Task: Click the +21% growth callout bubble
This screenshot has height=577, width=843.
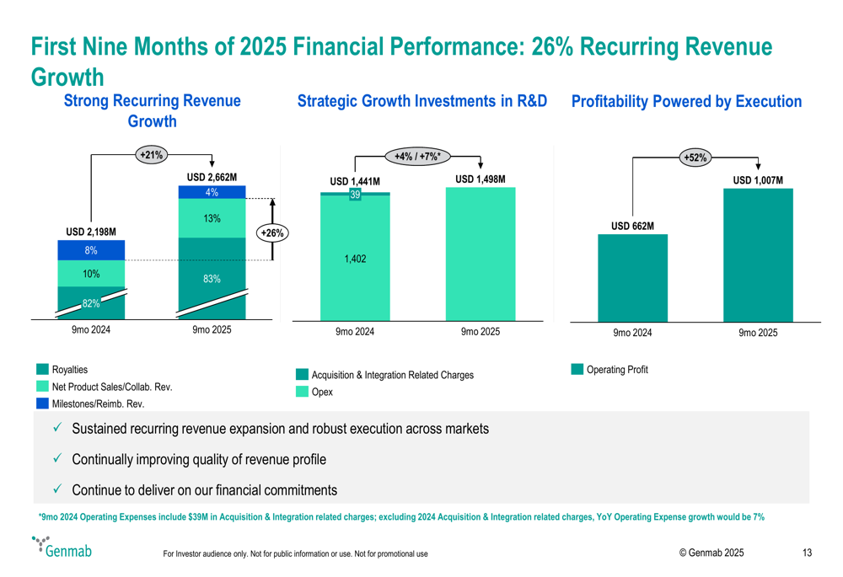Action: tap(152, 154)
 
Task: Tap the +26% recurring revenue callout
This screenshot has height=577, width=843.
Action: tap(271, 233)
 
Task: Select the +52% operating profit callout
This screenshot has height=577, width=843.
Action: tap(695, 158)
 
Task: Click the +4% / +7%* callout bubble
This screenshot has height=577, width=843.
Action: tap(417, 155)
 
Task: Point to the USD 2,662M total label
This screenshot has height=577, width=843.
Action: tap(212, 178)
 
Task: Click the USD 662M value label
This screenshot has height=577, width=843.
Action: tap(632, 226)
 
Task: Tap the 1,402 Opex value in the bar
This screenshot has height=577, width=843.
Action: tap(355, 259)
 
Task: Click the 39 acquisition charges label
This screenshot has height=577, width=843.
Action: tap(355, 195)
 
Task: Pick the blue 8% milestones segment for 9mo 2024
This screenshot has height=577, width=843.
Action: tap(91, 250)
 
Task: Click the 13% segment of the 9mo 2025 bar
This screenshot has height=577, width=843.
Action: tap(212, 219)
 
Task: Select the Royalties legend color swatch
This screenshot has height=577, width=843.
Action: tap(42, 370)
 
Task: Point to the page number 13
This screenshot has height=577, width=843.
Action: tap(807, 553)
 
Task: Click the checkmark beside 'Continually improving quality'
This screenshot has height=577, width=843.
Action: tap(56, 459)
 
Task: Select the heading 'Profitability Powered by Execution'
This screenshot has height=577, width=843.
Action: tap(686, 102)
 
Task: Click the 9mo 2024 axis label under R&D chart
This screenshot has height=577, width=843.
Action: tap(355, 332)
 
